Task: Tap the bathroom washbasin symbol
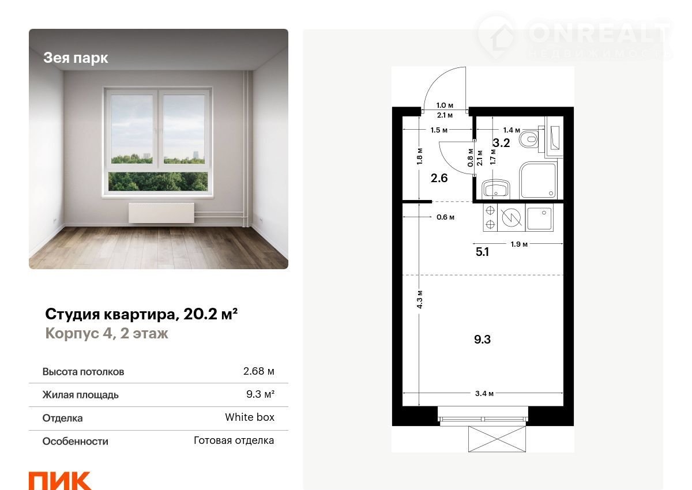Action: click(x=496, y=189)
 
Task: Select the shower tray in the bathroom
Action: click(x=539, y=180)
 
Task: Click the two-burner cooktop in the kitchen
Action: click(x=490, y=217)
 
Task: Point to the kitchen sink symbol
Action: click(x=539, y=218)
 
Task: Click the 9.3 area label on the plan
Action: click(x=482, y=340)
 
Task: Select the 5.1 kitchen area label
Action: click(x=482, y=252)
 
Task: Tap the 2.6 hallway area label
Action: click(x=439, y=178)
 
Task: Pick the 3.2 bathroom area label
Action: click(x=501, y=142)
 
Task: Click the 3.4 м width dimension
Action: click(x=484, y=393)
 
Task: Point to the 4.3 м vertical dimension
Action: click(x=419, y=299)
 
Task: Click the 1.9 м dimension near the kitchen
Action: click(x=519, y=244)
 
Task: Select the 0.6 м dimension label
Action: click(x=445, y=217)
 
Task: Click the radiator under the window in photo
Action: click(x=161, y=213)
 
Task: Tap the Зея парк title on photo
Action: click(x=76, y=58)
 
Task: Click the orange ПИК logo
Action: click(x=60, y=480)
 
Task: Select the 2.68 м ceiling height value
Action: click(x=258, y=371)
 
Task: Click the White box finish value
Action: click(x=250, y=417)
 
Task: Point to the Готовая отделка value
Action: click(x=234, y=440)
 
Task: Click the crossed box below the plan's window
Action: click(x=497, y=439)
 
